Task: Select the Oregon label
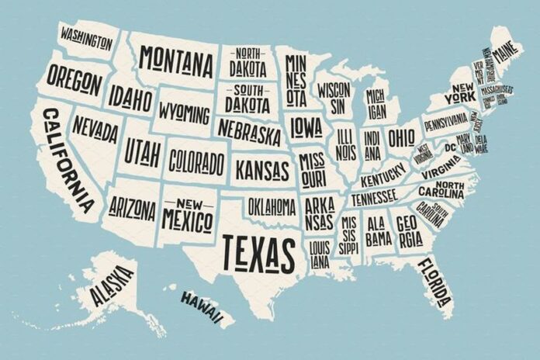tap(74, 77)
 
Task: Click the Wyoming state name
tap(184, 113)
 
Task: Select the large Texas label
tap(258, 250)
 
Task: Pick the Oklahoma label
tap(271, 206)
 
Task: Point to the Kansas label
tap(262, 168)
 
